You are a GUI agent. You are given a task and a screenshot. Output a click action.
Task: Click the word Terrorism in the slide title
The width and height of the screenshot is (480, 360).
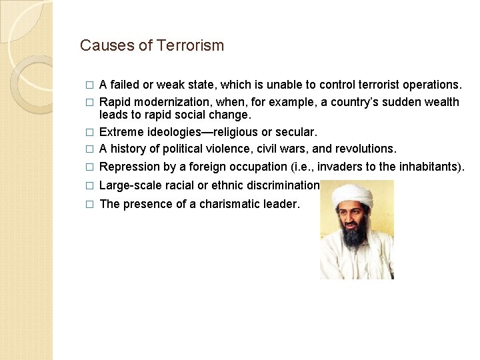[x=191, y=45]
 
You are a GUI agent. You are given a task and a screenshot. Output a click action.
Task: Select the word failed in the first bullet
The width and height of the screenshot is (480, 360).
[x=125, y=85]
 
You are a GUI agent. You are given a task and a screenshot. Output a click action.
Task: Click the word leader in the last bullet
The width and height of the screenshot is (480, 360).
[x=282, y=204]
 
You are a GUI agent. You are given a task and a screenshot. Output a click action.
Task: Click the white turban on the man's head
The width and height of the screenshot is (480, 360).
[x=352, y=195]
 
